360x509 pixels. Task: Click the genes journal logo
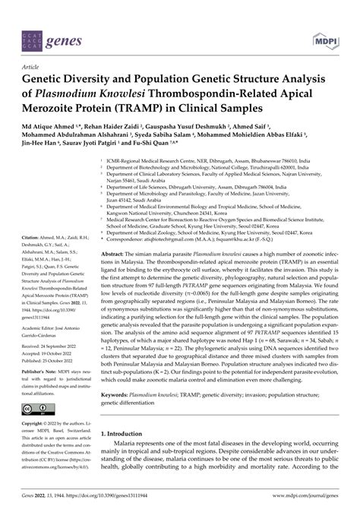[45, 23]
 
